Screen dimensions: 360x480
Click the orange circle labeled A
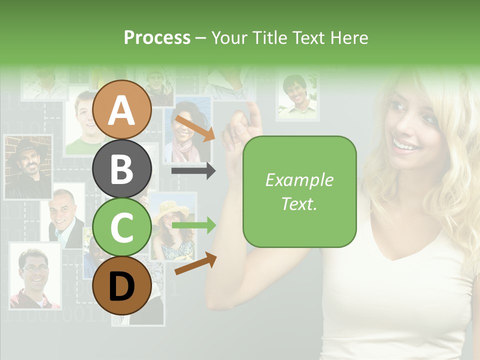(122, 109)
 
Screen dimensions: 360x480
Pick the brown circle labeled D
(122, 285)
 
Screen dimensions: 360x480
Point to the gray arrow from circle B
(193, 171)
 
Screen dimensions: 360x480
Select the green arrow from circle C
(193, 226)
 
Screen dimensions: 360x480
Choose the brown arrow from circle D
(195, 263)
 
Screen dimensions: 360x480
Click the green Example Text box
(299, 191)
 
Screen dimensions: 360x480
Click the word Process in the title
(157, 37)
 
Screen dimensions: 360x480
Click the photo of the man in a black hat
(28, 167)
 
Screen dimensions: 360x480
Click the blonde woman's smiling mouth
(406, 145)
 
